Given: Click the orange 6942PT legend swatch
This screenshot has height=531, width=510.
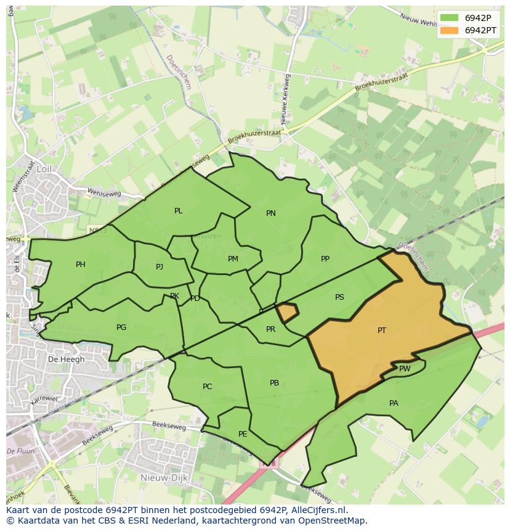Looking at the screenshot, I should click(x=450, y=30).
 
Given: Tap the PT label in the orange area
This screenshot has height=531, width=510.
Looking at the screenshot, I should click(x=382, y=331).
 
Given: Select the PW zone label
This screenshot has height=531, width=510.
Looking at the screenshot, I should click(x=405, y=369).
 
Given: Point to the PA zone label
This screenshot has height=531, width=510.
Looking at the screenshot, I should click(x=394, y=403).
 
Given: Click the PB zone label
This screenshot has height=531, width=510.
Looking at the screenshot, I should click(x=275, y=383).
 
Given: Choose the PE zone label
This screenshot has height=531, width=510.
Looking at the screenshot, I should click(x=243, y=434).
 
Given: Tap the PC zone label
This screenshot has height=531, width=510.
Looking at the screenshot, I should click(x=208, y=387).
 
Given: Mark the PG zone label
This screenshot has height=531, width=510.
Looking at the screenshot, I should click(x=121, y=327).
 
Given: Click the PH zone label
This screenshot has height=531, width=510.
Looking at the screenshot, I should click(x=81, y=265).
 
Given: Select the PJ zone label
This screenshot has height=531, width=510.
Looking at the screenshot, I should click(x=160, y=267).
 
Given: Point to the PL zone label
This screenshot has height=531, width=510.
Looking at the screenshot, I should click(x=179, y=211).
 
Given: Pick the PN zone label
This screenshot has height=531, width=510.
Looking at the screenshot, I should click(x=271, y=213).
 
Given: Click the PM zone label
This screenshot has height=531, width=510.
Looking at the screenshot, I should click(x=233, y=259).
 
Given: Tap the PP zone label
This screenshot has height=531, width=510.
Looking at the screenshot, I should click(x=325, y=259).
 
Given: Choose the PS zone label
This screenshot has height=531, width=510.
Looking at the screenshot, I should click(x=339, y=297).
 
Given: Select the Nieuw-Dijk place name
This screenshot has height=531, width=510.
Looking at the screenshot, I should click(x=160, y=477).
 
